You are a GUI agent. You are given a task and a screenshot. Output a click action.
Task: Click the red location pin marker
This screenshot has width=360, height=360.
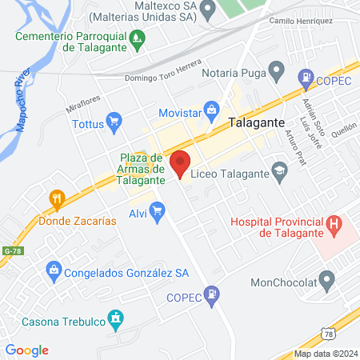tap(181, 162)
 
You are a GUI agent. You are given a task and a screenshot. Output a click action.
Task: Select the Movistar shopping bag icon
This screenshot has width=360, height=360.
tap(211, 110)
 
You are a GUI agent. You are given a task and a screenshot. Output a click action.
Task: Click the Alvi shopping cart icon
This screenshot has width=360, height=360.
tap(157, 211)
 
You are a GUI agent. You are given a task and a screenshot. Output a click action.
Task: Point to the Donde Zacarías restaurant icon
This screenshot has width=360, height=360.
tap(56, 198)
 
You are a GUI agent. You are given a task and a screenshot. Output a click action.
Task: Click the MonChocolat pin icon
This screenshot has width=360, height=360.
tap(326, 280)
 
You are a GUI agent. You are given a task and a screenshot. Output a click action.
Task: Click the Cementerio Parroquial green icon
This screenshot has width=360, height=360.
tap(138, 37)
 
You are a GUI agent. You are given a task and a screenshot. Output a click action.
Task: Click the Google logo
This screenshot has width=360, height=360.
tap(27, 350)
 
